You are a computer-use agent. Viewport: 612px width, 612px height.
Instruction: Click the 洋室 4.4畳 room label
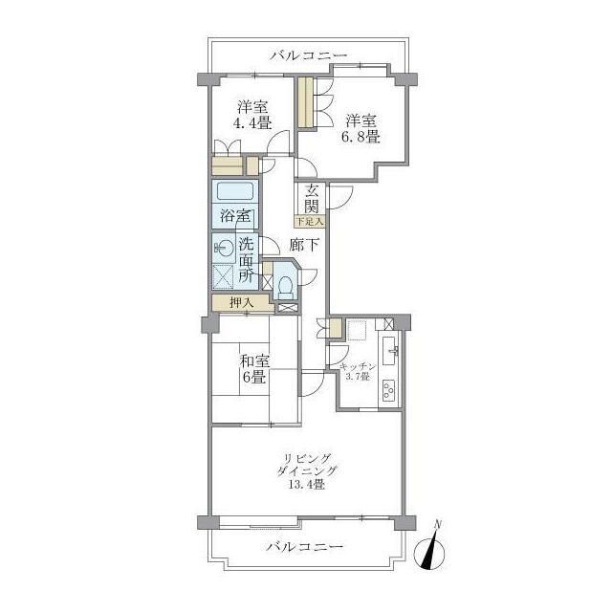252,115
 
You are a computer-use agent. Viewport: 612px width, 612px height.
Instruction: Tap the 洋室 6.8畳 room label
361,129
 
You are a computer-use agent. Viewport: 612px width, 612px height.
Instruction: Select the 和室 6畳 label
254,369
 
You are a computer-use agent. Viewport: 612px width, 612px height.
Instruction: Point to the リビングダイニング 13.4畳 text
307,471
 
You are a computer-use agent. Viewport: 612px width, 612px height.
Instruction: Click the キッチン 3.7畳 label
358,372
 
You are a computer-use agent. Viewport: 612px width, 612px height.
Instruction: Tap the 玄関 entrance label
312,198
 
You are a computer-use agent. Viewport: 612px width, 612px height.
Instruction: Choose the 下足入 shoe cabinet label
310,222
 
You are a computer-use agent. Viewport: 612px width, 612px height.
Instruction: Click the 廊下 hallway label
304,245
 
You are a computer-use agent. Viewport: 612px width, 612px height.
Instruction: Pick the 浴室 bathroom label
235,215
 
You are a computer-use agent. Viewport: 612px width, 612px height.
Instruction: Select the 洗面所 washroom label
246,260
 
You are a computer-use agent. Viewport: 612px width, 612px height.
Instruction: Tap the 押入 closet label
242,302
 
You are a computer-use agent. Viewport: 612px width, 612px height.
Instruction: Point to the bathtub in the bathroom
235,191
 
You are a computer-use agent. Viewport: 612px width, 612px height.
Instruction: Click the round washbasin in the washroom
224,247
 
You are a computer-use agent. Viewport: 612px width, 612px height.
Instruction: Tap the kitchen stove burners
389,390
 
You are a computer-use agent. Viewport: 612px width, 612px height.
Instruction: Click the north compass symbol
429,550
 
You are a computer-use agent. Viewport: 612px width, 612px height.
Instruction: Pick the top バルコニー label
309,55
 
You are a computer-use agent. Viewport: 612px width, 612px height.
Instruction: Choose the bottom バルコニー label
305,546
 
